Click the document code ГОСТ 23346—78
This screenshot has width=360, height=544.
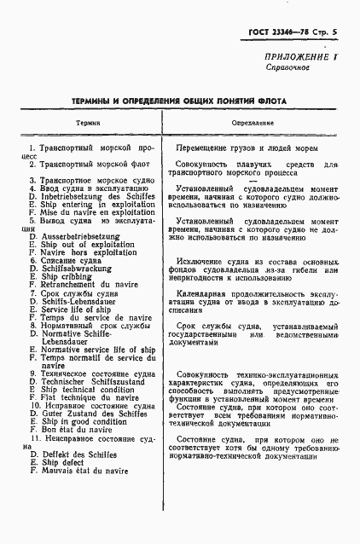[270, 31]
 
